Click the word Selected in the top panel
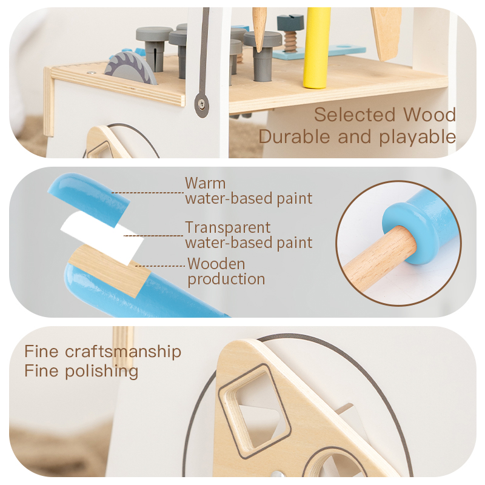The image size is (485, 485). point(355,115)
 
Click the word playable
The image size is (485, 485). point(418,138)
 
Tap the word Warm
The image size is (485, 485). point(206,183)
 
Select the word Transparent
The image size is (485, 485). point(228,228)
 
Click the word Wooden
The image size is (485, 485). point(216,264)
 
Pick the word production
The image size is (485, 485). point(226,279)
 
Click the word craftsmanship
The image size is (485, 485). point(123,352)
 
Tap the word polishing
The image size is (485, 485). point(101,372)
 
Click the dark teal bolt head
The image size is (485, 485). point(290,22)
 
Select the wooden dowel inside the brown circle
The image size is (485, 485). point(378,257)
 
